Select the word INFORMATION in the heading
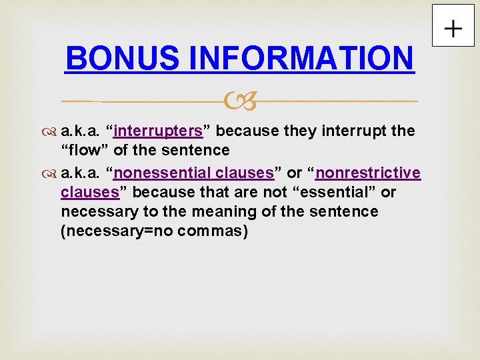tap(301, 58)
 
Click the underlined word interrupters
tap(158, 131)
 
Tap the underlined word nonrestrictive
tap(369, 173)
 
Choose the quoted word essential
tap(343, 193)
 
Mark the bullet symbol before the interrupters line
tap(51, 131)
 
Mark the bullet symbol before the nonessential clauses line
tap(51, 174)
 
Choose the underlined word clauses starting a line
tap(89, 193)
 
